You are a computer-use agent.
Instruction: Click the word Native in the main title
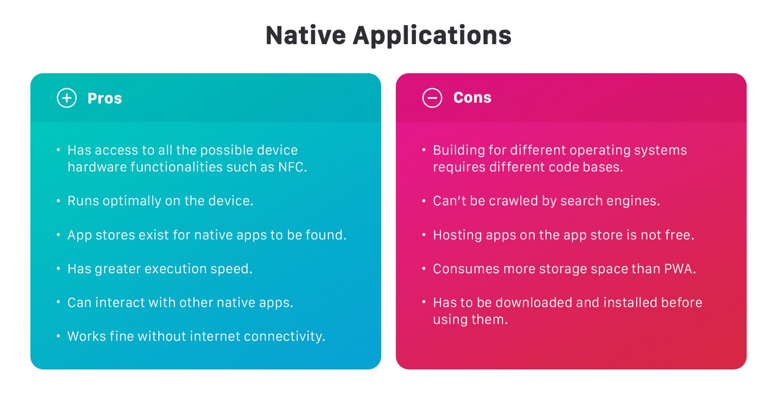coord(305,35)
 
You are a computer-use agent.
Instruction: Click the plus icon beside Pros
coord(67,98)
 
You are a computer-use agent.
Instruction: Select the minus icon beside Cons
coord(432,98)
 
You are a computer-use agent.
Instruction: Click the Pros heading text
coord(105,99)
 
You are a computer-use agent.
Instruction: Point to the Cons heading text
coord(473,98)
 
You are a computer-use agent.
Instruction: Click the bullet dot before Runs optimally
coord(58,200)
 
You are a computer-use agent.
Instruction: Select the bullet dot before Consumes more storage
coord(424,268)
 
